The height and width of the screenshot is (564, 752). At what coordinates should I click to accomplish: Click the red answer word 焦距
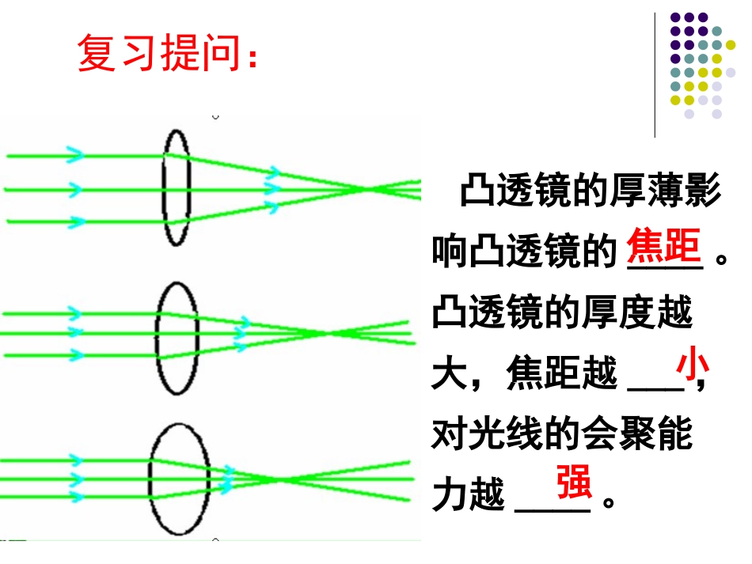click(x=664, y=248)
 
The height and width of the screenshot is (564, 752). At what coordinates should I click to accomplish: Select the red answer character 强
click(x=573, y=483)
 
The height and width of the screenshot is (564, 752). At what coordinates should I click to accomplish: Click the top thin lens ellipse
click(x=176, y=188)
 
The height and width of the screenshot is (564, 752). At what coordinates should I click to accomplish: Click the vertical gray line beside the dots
click(x=655, y=75)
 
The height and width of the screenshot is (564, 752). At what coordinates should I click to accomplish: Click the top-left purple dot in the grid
click(x=674, y=17)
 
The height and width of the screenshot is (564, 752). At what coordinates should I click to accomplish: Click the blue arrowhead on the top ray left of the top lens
click(x=75, y=155)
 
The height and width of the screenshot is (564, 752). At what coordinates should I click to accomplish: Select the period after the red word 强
click(x=609, y=502)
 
